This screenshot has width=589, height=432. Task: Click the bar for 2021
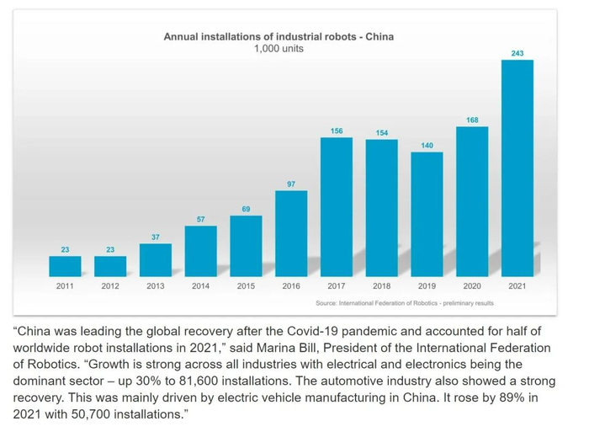pos(517,168)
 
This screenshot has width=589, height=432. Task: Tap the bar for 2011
pos(65,266)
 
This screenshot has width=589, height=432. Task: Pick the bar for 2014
pos(200,251)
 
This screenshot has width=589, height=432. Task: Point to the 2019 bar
pos(427,214)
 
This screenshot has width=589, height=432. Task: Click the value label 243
pos(517,53)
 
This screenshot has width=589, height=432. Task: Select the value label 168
pos(472,120)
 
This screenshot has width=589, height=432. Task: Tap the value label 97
pos(291,184)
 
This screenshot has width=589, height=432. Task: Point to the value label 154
pos(381,133)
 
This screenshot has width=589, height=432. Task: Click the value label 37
pos(156,237)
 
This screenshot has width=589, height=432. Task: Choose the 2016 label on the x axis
pos(291,286)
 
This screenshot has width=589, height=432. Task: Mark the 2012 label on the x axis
pos(110,286)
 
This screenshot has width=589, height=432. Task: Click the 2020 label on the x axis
pos(472,286)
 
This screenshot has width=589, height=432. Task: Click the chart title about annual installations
pos(279,37)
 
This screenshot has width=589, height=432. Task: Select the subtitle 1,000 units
pos(279,49)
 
